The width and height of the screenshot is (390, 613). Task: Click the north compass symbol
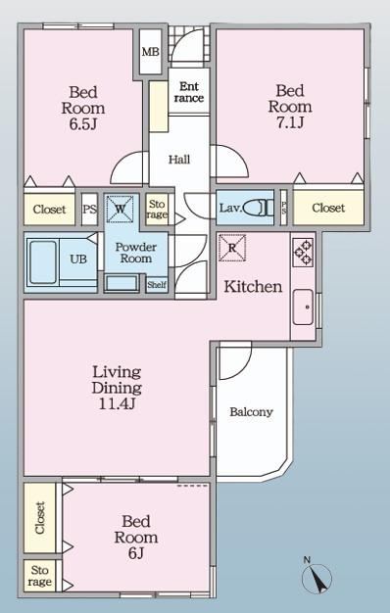317,577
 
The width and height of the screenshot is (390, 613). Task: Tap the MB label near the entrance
151,51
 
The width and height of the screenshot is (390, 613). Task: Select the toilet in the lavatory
266,208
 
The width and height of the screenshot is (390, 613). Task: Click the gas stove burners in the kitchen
303,253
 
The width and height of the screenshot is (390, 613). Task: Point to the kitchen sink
303,306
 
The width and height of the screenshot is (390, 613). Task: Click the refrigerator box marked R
232,248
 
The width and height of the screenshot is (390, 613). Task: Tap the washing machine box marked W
121,210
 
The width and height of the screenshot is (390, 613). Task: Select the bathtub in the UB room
43,261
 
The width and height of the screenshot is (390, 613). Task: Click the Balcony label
251,412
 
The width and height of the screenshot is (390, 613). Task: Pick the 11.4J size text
117,403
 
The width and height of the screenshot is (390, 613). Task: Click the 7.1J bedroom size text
290,122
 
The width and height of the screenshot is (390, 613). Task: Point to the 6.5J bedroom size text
83,124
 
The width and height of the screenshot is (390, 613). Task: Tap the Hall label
179,159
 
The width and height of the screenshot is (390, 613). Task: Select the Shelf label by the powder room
157,285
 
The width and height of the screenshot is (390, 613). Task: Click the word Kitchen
253,287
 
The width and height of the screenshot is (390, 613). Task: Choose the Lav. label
230,208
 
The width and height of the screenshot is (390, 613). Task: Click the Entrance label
189,92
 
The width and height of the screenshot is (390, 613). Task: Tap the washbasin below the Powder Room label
122,283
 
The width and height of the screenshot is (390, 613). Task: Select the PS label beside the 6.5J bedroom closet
89,210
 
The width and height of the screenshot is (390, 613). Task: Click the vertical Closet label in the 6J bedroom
40,518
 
